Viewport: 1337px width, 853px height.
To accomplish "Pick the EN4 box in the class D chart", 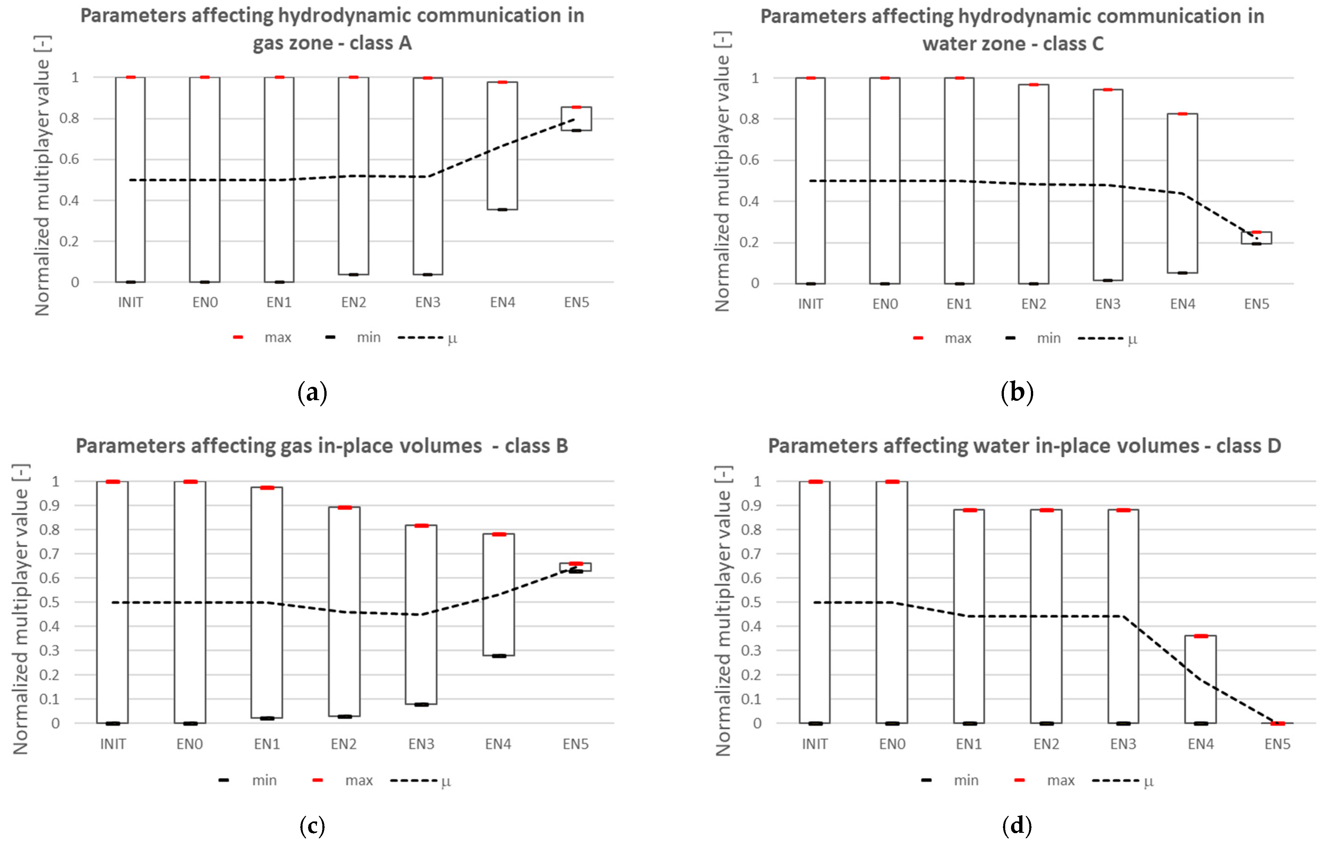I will pyautogui.click(x=1200, y=679).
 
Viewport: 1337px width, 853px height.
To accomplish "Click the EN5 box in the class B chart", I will pyautogui.click(x=575, y=567).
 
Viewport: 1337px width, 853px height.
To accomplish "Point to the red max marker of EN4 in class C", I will pyautogui.click(x=1182, y=114).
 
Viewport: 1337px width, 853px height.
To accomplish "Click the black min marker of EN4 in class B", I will pyautogui.click(x=499, y=656).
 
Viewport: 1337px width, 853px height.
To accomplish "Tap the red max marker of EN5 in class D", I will pyautogui.click(x=1277, y=723).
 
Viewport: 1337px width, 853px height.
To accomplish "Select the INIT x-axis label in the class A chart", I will pyautogui.click(x=130, y=303).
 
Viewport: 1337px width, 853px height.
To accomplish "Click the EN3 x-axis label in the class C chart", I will pyautogui.click(x=1108, y=304).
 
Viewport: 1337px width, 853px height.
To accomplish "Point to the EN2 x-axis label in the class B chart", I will pyautogui.click(x=344, y=744).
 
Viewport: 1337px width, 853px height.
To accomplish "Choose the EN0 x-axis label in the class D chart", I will pyautogui.click(x=892, y=744).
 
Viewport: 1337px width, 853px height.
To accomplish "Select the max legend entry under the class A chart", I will pyautogui.click(x=264, y=338).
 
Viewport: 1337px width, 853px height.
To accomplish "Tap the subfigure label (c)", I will pyautogui.click(x=312, y=826).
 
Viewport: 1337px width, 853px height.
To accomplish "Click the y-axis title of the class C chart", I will pyautogui.click(x=722, y=172).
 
